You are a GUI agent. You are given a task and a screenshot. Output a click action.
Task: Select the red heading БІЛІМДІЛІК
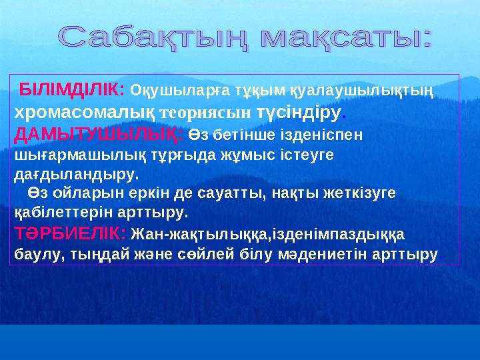(x=71, y=89)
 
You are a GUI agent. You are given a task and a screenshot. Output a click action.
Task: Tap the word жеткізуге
(x=363, y=193)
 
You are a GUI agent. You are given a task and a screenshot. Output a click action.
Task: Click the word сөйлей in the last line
(x=195, y=254)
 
